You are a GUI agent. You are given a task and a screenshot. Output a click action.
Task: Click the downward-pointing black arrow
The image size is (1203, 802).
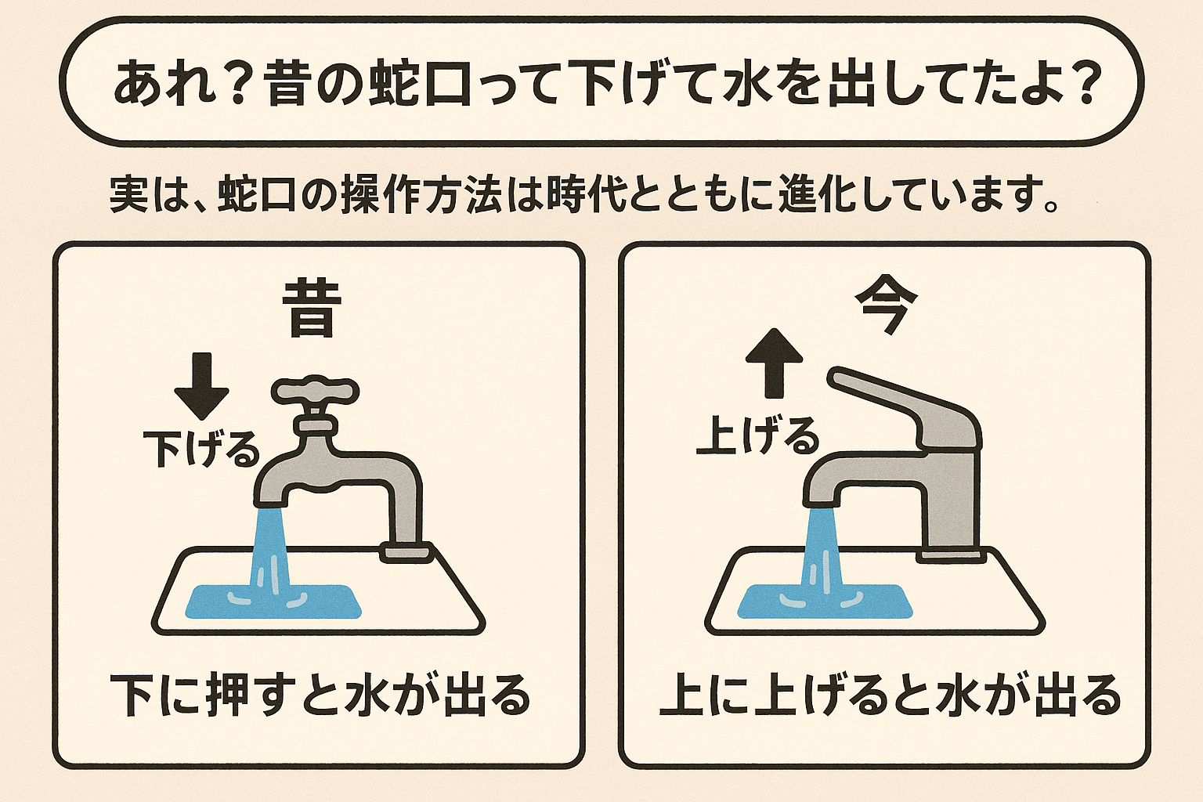201,386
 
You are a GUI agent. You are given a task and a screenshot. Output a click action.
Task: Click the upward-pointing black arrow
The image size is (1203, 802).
774,362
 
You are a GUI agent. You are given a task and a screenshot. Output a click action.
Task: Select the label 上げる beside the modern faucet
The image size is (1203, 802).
757,435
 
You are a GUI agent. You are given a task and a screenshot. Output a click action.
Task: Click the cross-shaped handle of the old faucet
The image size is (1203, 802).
315,391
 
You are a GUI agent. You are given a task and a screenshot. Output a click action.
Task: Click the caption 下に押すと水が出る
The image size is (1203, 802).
320,695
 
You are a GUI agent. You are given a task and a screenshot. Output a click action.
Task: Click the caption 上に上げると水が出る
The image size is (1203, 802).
890,695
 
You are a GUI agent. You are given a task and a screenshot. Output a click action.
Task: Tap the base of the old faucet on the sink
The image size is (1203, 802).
406,551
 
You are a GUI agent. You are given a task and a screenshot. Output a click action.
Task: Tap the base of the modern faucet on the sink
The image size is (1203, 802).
952,554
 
